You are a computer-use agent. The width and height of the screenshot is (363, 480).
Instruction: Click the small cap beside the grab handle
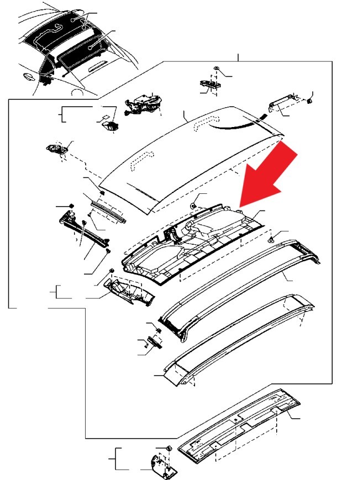point(310,101)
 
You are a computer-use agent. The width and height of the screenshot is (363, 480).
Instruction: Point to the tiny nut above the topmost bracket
point(216,68)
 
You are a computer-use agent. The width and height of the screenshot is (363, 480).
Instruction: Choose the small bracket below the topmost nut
point(210,84)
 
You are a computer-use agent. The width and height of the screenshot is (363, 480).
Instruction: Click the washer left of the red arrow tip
point(194,205)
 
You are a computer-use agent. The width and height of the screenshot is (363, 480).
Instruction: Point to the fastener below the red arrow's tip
point(273,240)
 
